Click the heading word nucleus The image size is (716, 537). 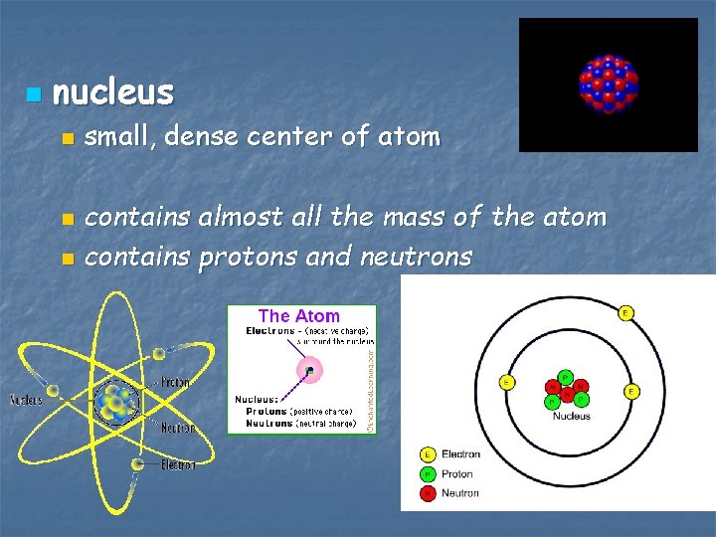(x=112, y=92)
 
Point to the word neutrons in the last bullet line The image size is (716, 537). (x=416, y=257)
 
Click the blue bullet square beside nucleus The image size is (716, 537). (x=34, y=95)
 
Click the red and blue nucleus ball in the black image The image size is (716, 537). (x=608, y=83)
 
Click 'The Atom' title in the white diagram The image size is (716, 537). (x=298, y=316)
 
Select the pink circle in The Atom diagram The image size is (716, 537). (x=310, y=371)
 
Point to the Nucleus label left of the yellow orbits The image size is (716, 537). (x=26, y=401)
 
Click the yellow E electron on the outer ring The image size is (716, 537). (x=626, y=314)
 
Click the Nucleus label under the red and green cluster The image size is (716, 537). (x=571, y=416)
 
